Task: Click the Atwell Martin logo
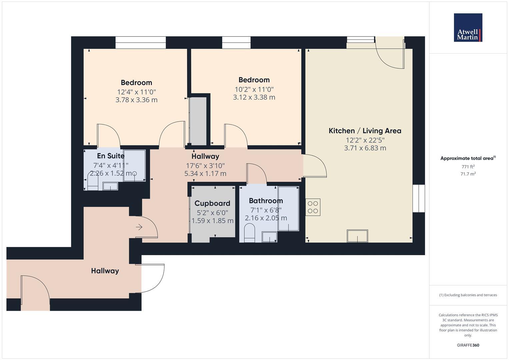(x=468, y=28)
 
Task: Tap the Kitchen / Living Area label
(x=365, y=131)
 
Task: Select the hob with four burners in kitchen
(x=313, y=207)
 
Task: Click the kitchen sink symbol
(x=357, y=236)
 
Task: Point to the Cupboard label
(x=212, y=203)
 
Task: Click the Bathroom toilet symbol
(x=249, y=233)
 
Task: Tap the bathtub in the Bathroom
(x=288, y=209)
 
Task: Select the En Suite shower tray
(x=134, y=165)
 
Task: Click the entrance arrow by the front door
(x=139, y=227)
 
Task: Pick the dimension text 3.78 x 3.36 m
(x=136, y=100)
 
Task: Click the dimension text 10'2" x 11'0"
(x=254, y=89)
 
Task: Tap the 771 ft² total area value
(x=468, y=167)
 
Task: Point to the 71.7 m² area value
(x=468, y=174)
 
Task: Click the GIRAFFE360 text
(x=468, y=345)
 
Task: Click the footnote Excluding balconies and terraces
(x=468, y=295)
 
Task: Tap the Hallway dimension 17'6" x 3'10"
(x=205, y=165)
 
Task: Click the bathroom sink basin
(x=269, y=237)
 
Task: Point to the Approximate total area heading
(x=468, y=158)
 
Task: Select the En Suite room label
(x=111, y=156)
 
